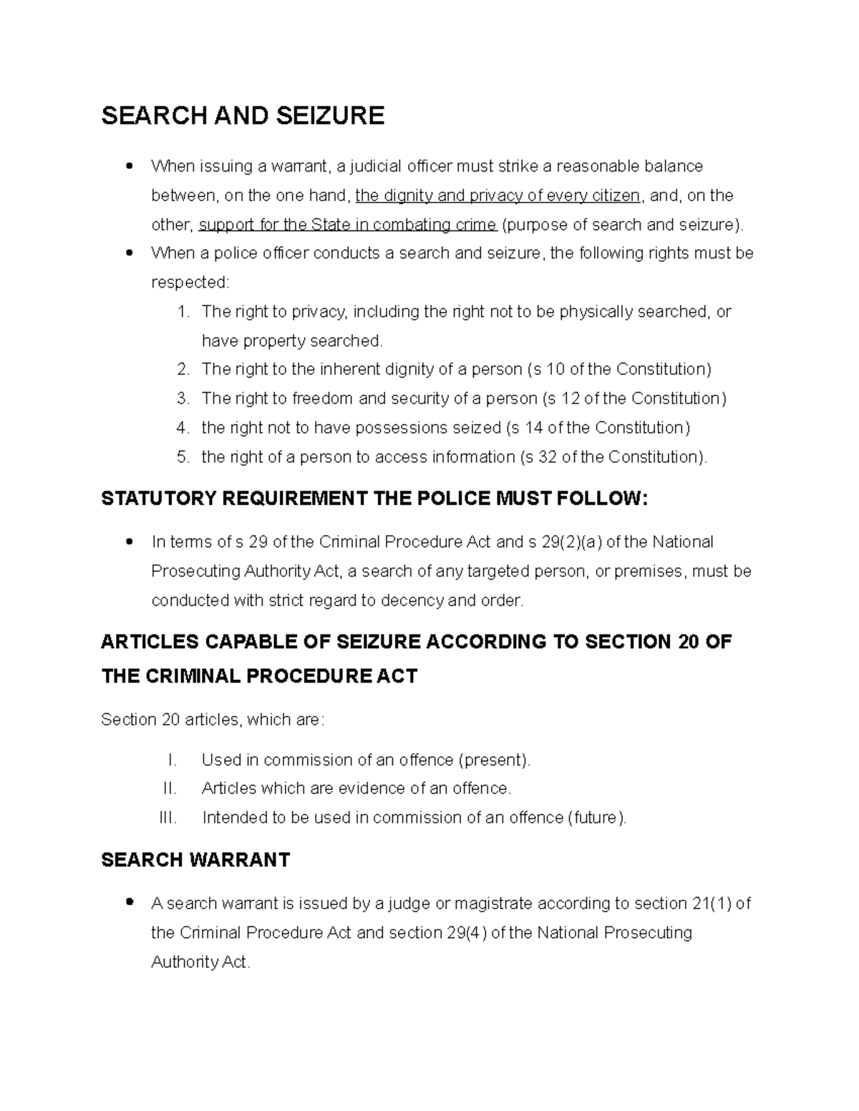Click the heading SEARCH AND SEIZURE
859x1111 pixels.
tap(243, 116)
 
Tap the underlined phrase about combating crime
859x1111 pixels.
tap(347, 225)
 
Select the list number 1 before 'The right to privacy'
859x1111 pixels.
tap(183, 312)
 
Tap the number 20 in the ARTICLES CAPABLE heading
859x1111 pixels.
tap(688, 642)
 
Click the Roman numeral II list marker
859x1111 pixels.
tap(170, 788)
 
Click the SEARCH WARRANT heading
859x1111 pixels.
tap(195, 860)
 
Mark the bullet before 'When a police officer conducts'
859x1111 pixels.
tap(129, 253)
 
